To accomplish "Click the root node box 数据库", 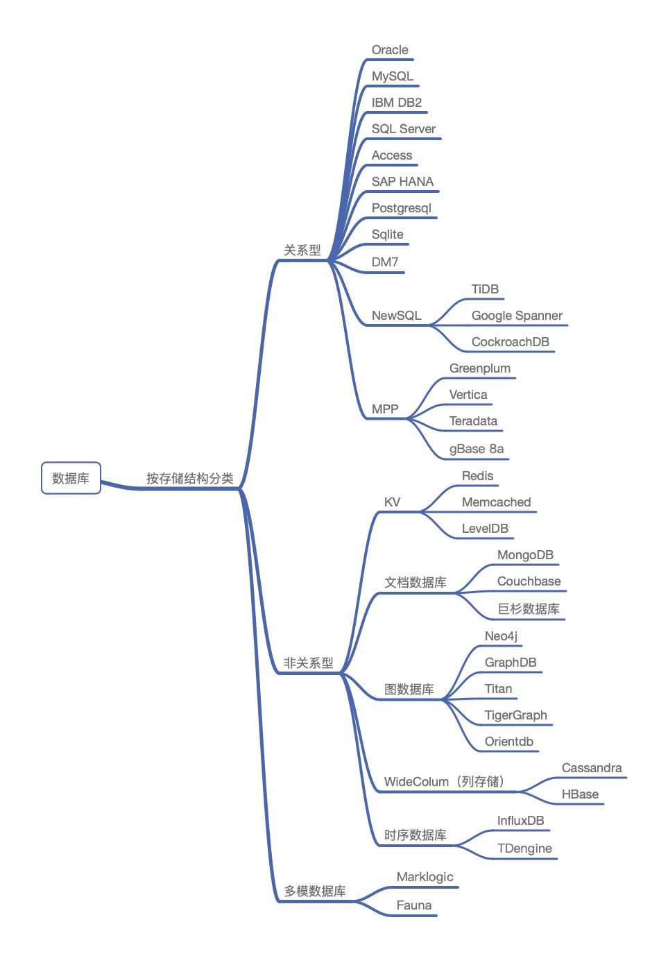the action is pos(71,477).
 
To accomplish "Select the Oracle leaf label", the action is pos(390,50).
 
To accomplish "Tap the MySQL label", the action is pos(392,76).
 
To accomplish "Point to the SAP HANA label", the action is pos(402,181).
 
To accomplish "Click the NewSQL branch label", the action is pos(396,316).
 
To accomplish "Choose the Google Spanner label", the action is pos(517,316).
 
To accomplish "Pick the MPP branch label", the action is pos(384,409).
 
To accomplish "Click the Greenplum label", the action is pos(480,369).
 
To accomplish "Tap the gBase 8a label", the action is pos(477,449).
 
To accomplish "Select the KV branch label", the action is pos(392,502).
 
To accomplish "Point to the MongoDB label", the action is pos(525,555).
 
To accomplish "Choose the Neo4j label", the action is pos(501,636).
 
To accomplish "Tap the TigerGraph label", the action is pos(515,715).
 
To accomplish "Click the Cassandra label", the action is pos(592,768).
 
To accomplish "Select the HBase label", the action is pos(580,794).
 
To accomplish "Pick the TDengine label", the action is pos(524,848).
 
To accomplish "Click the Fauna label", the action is pos(413,905).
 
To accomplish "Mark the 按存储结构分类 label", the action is pos(190,479).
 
